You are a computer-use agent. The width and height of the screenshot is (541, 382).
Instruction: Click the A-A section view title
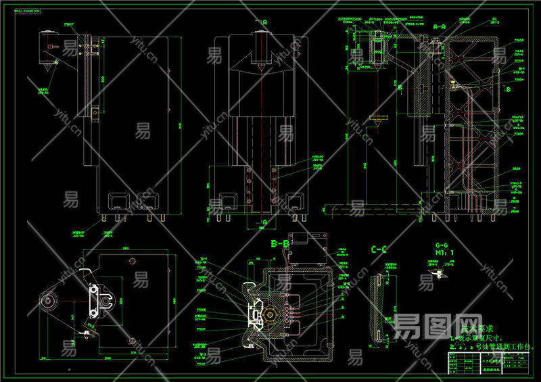(x=439, y=26)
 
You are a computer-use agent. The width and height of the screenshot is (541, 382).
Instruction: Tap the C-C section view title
(x=379, y=249)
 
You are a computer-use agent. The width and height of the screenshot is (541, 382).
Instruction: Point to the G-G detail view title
(x=442, y=245)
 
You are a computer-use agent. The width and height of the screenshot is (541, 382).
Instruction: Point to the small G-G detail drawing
(x=440, y=268)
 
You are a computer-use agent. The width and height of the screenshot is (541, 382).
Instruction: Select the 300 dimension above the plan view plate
(x=125, y=248)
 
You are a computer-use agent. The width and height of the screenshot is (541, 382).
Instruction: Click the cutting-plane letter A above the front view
(x=264, y=22)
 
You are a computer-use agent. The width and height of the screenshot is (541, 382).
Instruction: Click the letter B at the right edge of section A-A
(x=507, y=89)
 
